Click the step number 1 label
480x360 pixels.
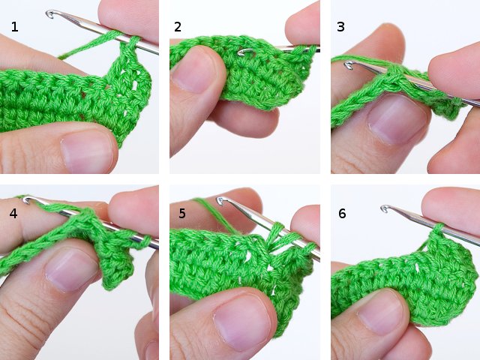pyautogui.click(x=15, y=28)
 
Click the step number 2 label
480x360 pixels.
pyautogui.click(x=178, y=27)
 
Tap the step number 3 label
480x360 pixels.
pyautogui.click(x=340, y=27)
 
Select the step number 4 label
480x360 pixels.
pyautogui.click(x=14, y=213)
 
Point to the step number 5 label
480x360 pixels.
pyautogui.click(x=181, y=213)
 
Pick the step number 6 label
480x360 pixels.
pyautogui.click(x=342, y=213)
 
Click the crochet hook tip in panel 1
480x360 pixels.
pyautogui.click(x=51, y=13)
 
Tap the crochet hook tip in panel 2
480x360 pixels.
pyautogui.click(x=241, y=52)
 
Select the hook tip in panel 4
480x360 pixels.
pyautogui.click(x=27, y=199)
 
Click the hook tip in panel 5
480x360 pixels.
pyautogui.click(x=221, y=201)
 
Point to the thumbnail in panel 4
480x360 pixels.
pyautogui.click(x=71, y=271)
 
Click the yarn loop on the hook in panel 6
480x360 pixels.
pyautogui.click(x=438, y=227)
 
